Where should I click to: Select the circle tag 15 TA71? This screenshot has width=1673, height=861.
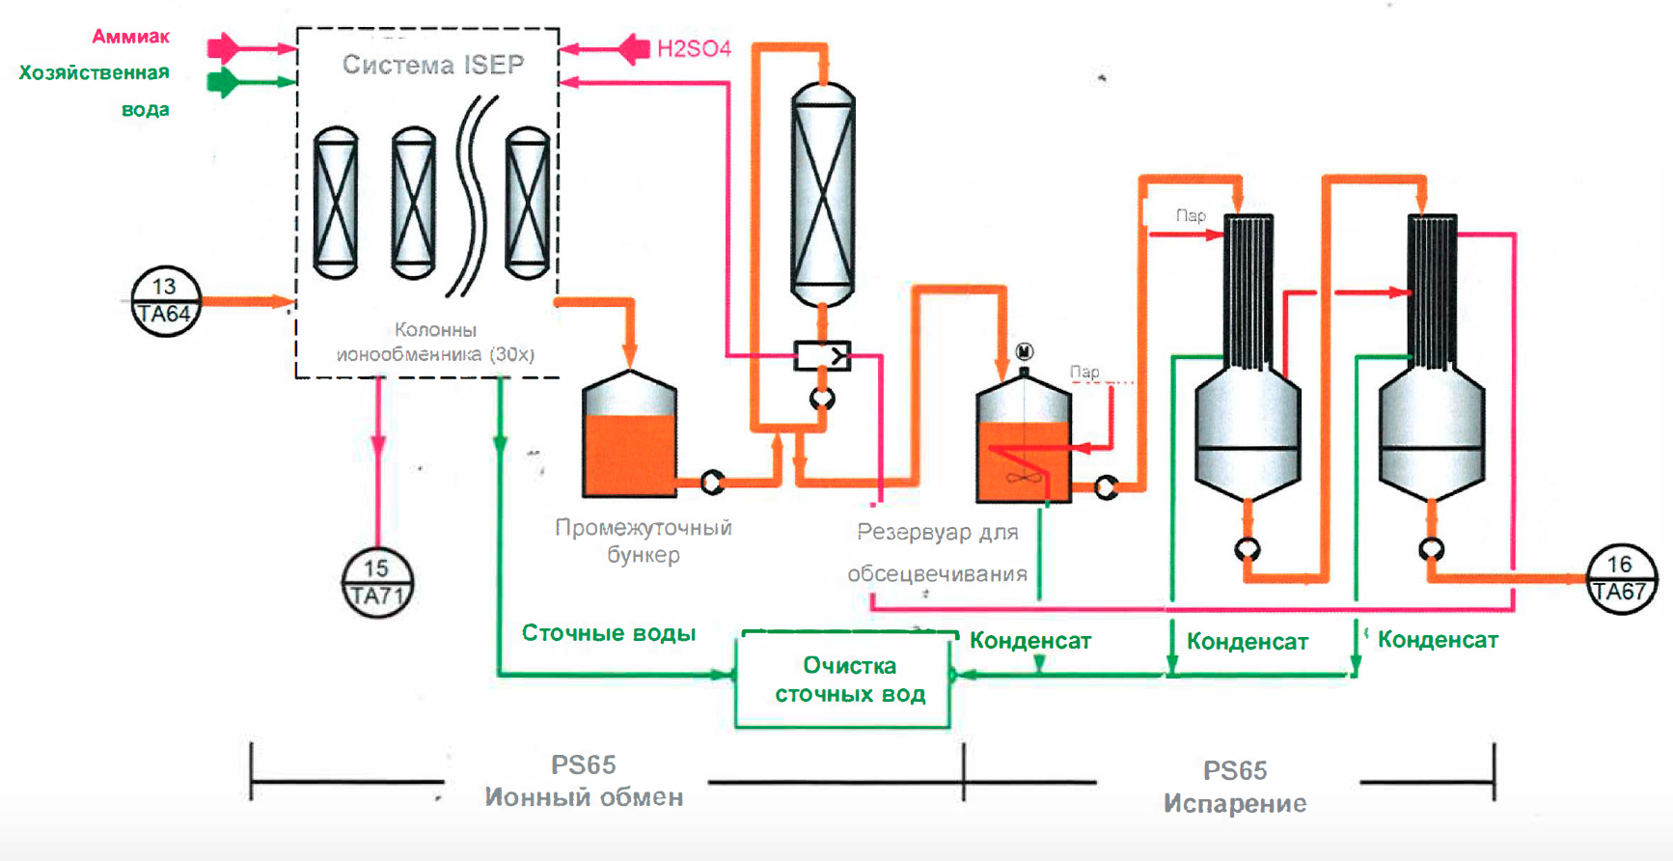pos(377,583)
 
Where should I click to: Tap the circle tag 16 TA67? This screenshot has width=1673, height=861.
pos(1621,579)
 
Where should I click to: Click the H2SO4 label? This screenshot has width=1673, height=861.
pos(694,48)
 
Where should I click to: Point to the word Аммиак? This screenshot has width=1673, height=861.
pos(131,37)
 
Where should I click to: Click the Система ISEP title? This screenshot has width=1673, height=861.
pos(433,65)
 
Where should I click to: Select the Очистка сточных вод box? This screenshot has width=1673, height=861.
pos(843,680)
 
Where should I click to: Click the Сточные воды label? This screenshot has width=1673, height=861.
pos(608,633)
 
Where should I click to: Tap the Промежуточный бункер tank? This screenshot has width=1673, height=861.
pos(630,436)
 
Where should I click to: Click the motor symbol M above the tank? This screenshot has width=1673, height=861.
pos(1025,351)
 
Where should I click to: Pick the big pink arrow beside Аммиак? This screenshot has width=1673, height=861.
pos(223,47)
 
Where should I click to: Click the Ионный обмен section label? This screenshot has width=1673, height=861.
pos(584,797)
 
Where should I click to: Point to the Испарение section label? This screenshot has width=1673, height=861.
pos(1235,803)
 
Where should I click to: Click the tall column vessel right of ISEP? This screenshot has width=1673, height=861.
pos(822,193)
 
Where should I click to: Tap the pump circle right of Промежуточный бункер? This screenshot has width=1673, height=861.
pos(712,482)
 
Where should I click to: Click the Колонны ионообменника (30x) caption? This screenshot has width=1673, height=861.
pos(435,342)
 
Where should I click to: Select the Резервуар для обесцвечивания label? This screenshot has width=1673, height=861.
pos(937,552)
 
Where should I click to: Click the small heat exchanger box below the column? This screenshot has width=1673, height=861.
pos(822,356)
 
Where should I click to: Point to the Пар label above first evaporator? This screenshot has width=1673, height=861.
pos(1191,215)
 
